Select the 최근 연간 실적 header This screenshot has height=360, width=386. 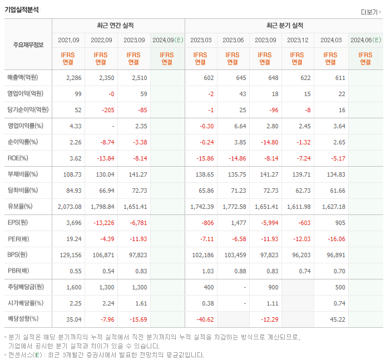tap(118, 26)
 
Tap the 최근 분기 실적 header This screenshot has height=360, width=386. tap(284, 26)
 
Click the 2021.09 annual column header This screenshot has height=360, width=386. tap(68, 40)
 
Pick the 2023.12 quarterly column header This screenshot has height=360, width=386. tap(298, 40)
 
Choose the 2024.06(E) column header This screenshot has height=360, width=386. tap(365, 40)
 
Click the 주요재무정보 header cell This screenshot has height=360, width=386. tap(28, 45)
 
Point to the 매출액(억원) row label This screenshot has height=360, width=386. tap(25, 78)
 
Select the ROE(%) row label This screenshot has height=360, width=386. tap(18, 158)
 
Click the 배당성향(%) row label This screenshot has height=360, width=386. tap(23, 319)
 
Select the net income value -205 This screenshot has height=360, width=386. tap(104, 110)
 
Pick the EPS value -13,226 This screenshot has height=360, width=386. tap(101, 223)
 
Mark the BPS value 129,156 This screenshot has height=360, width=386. tap(70, 255)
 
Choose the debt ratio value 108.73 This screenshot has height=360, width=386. tap(71, 174)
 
